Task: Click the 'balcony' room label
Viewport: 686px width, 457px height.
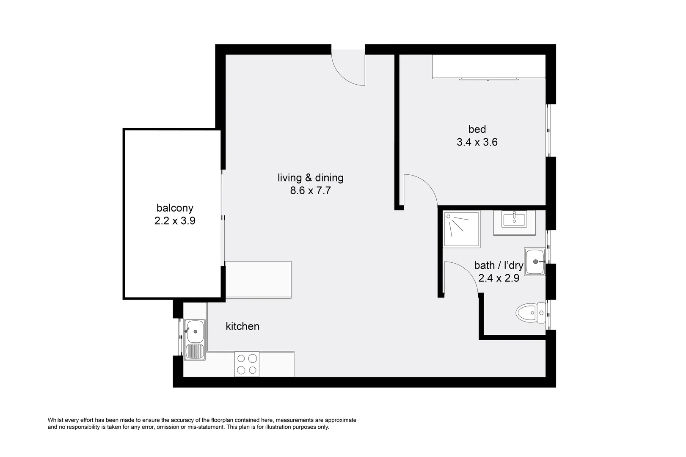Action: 175,208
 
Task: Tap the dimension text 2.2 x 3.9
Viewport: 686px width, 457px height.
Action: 175,220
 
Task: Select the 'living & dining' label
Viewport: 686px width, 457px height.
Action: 310,178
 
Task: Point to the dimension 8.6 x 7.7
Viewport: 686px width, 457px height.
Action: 310,190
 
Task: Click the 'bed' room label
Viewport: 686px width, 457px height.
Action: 477,129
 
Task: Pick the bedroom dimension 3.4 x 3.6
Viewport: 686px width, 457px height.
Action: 477,142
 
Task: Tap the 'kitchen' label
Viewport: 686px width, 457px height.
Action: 242,326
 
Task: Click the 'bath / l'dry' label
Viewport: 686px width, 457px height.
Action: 499,265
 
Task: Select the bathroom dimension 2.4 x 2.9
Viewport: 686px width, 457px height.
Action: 499,278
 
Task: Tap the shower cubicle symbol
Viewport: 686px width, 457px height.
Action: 461,229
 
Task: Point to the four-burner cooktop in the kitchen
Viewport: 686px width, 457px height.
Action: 247,364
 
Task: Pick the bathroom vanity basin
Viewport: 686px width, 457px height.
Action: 514,220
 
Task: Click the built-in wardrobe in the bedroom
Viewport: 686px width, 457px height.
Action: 488,66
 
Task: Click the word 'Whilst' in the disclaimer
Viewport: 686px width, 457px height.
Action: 56,420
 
